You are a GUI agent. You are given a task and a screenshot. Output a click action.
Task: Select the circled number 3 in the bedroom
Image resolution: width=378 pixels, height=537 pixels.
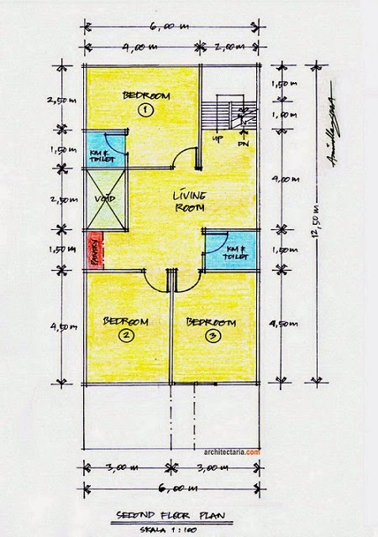point(212,336)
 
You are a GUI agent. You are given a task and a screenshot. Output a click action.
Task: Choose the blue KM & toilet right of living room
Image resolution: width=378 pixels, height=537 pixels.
point(227,249)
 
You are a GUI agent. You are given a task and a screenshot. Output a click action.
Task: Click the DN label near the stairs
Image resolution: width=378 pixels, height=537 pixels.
point(245,142)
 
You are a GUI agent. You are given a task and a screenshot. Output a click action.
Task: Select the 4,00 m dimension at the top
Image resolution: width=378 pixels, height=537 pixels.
point(139,47)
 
